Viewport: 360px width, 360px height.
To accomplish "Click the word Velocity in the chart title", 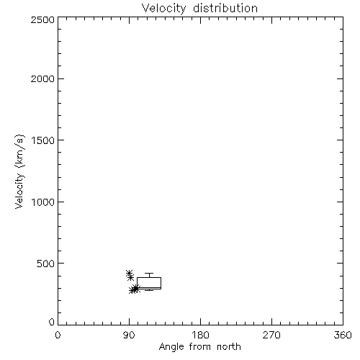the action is tap(164, 9).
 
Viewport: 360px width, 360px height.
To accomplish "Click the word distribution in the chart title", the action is tap(225, 8).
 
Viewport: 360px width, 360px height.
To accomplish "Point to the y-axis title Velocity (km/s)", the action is tap(19, 171).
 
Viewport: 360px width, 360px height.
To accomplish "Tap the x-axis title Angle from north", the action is tap(199, 346).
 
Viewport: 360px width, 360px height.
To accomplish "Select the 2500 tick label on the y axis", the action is tap(42, 19).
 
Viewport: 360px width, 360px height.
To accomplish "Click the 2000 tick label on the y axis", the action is tap(42, 78).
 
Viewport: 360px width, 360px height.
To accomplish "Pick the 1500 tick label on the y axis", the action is tap(43, 140).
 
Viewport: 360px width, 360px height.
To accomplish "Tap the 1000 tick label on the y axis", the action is tap(43, 202).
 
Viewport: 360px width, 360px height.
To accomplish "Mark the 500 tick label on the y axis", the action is tap(46, 264).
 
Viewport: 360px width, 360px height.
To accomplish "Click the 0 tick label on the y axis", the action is tap(52, 322).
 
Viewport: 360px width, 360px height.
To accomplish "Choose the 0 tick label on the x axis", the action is tap(58, 335).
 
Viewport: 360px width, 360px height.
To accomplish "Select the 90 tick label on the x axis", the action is tap(129, 335).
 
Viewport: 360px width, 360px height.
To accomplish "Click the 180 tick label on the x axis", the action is tap(200, 335).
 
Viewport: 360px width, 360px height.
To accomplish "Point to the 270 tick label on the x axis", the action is tap(271, 335).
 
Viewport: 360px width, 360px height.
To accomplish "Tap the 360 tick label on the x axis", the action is tap(343, 335).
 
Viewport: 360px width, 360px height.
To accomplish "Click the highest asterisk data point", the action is tap(129, 273).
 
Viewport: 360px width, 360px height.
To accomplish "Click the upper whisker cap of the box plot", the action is tap(149, 273).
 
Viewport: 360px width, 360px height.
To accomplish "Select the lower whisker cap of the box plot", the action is tap(149, 290).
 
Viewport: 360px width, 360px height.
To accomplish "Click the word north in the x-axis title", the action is tap(229, 346).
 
